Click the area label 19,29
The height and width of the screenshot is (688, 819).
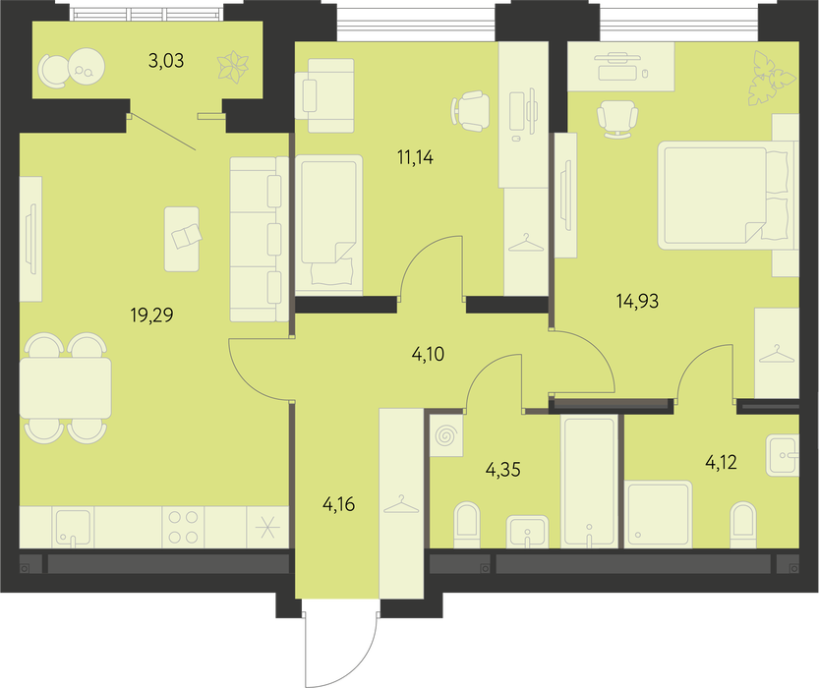(151, 315)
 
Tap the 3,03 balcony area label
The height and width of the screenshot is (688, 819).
(166, 61)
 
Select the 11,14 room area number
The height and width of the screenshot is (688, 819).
(415, 157)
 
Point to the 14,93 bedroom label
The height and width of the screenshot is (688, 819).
(637, 301)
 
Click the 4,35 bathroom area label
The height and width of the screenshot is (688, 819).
(503, 470)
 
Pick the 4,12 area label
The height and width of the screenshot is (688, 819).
(722, 462)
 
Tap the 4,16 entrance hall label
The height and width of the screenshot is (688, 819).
(339, 504)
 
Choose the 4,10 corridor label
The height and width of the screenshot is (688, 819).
(428, 355)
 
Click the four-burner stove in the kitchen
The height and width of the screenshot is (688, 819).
(183, 527)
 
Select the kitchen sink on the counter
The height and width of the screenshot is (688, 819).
(73, 527)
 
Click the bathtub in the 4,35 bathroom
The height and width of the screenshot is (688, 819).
(589, 481)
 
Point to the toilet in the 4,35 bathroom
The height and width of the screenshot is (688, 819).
(467, 525)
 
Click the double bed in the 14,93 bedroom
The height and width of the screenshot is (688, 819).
(723, 196)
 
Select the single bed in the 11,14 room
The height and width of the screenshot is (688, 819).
(329, 223)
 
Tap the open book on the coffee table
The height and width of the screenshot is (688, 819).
(186, 236)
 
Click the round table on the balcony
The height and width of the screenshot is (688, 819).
(87, 67)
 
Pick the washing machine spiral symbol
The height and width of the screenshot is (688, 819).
(446, 436)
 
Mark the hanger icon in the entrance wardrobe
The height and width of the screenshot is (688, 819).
(401, 504)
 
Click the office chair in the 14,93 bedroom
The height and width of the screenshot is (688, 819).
(617, 119)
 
